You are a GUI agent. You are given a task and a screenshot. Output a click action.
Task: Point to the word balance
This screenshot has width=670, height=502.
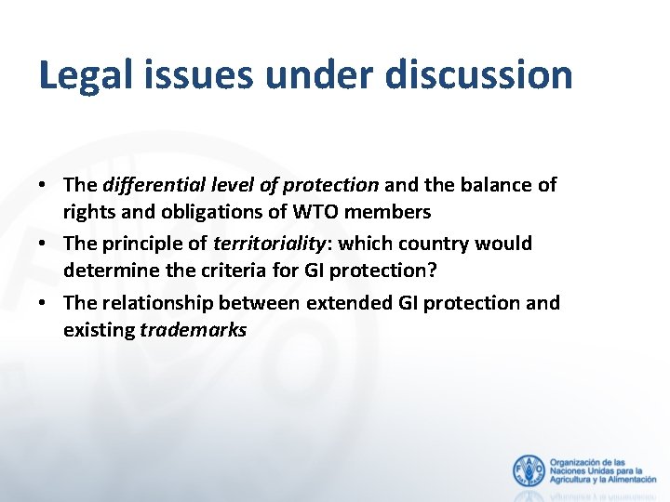point(503,185)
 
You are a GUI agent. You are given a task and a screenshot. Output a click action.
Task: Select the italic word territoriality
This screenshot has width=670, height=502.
point(265,244)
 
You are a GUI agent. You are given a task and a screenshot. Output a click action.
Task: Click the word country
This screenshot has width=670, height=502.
point(436,244)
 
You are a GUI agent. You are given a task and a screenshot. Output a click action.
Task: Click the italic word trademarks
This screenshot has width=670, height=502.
point(193,329)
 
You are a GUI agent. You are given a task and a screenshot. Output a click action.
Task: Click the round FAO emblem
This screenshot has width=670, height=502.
point(529,470)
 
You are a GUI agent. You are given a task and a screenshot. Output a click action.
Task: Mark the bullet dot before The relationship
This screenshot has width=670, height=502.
point(44,302)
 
